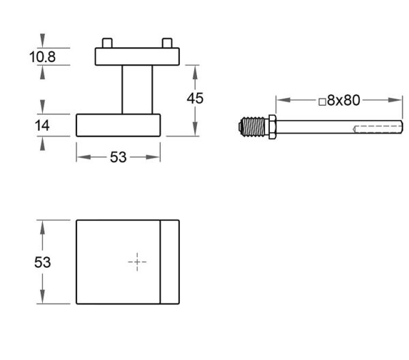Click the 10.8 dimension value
click(42, 57)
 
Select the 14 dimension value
click(42, 125)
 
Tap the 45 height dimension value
click(195, 98)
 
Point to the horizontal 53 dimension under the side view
click(118, 157)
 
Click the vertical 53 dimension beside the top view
click(42, 262)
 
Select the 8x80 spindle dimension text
click(344, 100)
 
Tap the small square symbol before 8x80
click(322, 102)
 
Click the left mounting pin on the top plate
click(107, 43)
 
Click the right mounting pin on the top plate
click(167, 43)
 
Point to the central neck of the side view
click(137, 89)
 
